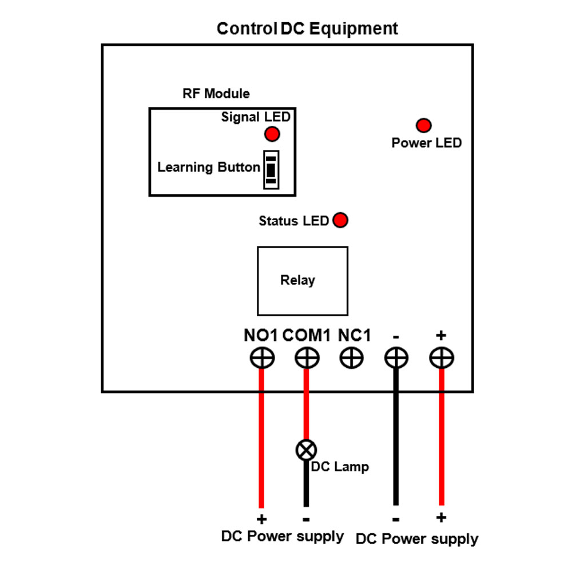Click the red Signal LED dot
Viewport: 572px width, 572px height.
click(x=272, y=134)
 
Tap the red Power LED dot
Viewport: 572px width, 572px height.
click(x=423, y=125)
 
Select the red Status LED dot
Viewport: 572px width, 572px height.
click(x=340, y=220)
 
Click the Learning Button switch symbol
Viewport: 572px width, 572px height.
click(x=271, y=169)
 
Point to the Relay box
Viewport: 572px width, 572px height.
click(x=303, y=281)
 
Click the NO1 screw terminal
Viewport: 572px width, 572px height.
click(x=262, y=359)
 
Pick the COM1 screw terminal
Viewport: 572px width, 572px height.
click(x=307, y=359)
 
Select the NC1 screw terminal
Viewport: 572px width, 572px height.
click(x=351, y=359)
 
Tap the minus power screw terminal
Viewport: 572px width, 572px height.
click(x=396, y=359)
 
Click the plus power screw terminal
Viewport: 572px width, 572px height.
click(x=441, y=359)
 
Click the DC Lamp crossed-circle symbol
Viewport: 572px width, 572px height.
click(x=306, y=450)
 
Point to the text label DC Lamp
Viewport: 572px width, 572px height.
click(x=340, y=467)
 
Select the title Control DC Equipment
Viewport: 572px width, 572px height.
click(x=307, y=29)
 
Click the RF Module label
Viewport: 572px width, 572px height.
click(x=216, y=93)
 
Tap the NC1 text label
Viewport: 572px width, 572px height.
click(x=355, y=335)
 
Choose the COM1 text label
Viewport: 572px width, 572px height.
click(x=307, y=335)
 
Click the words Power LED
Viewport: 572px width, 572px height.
click(x=426, y=142)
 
